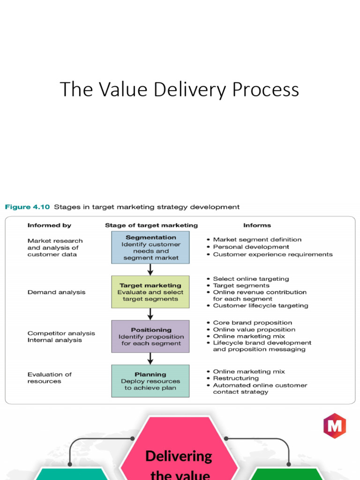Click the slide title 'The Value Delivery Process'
pyautogui.click(x=179, y=90)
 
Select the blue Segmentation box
pyautogui.click(x=150, y=247)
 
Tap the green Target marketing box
pyautogui.click(x=150, y=292)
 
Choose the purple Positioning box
pyautogui.click(x=150, y=336)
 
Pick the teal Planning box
pyautogui.click(x=150, y=381)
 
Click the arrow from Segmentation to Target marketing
pyautogui.click(x=150, y=270)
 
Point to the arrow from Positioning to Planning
pyautogui.click(x=150, y=359)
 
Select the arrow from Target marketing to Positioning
pyautogui.click(x=150, y=314)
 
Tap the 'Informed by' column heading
pyautogui.click(x=49, y=225)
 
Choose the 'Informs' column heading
pyautogui.click(x=257, y=225)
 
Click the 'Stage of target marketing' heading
pyautogui.click(x=151, y=225)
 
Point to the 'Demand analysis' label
pyautogui.click(x=56, y=292)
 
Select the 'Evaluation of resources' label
pyautogui.click(x=49, y=378)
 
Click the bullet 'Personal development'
pyautogui.click(x=251, y=247)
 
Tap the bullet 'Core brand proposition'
pyautogui.click(x=252, y=322)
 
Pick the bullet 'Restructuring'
pyautogui.click(x=235, y=378)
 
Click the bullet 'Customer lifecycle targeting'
pyautogui.click(x=260, y=306)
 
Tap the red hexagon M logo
pyautogui.click(x=334, y=425)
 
